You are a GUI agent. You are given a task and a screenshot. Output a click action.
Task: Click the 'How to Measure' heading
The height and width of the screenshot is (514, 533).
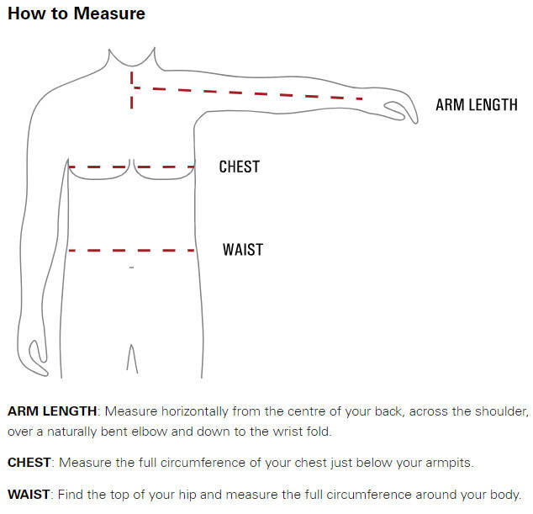point(77,13)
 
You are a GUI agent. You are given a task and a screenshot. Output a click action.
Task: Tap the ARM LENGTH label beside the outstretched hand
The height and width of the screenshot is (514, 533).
point(477,105)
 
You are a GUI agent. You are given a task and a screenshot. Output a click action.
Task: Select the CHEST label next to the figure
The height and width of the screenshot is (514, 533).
point(240,167)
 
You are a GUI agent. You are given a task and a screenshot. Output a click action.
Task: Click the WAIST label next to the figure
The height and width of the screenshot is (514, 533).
point(243,249)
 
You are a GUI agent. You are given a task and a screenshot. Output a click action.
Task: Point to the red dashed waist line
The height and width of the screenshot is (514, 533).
point(131,251)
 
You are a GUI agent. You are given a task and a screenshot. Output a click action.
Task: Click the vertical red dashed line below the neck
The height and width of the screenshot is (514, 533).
point(131,90)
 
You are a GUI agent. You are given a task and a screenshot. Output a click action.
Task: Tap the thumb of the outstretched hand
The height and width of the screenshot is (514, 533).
point(394,110)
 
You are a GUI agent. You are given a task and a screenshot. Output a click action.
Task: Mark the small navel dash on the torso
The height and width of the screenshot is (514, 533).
point(131,268)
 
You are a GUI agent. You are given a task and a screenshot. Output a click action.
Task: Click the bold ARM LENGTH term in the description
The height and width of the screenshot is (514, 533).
point(52,411)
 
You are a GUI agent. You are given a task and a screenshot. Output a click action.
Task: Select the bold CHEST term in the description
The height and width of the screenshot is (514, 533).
point(29,463)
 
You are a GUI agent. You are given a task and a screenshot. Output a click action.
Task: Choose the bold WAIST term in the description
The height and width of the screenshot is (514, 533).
point(29,495)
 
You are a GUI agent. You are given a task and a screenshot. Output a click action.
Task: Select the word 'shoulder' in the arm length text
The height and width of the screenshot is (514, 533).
point(501,411)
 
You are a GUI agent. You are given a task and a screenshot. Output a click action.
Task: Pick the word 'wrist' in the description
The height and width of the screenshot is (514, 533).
point(288,432)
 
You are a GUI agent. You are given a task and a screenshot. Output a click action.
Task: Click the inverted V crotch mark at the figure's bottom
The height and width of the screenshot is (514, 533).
point(132,358)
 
